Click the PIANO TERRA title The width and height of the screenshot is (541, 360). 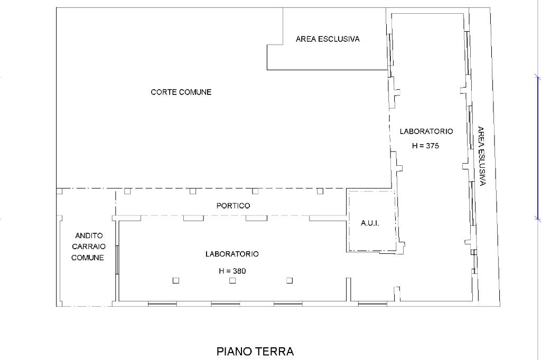255,352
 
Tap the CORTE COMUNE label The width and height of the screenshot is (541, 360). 181,92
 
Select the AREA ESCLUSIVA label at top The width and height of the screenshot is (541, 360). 328,39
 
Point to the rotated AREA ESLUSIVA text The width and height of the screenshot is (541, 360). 482,156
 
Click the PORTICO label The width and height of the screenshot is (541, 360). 233,206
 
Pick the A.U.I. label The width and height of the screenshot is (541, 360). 370,223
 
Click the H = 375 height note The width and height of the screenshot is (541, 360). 425,146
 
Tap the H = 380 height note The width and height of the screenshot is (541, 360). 232,271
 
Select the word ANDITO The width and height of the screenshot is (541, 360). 89,236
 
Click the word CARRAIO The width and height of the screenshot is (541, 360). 89,247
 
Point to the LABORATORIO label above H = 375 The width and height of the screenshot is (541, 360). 426,131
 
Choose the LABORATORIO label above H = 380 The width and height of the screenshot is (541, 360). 232,254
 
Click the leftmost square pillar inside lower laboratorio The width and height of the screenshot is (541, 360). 176,281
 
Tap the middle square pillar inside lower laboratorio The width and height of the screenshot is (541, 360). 232,281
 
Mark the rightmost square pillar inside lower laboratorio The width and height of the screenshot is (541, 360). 290,281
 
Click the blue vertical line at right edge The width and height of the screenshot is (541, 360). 537,147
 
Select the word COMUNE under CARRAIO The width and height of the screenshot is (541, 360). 88,258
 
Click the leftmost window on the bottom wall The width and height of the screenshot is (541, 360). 162,304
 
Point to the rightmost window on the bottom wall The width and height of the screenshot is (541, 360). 372,304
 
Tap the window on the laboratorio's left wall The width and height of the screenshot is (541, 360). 117,260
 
